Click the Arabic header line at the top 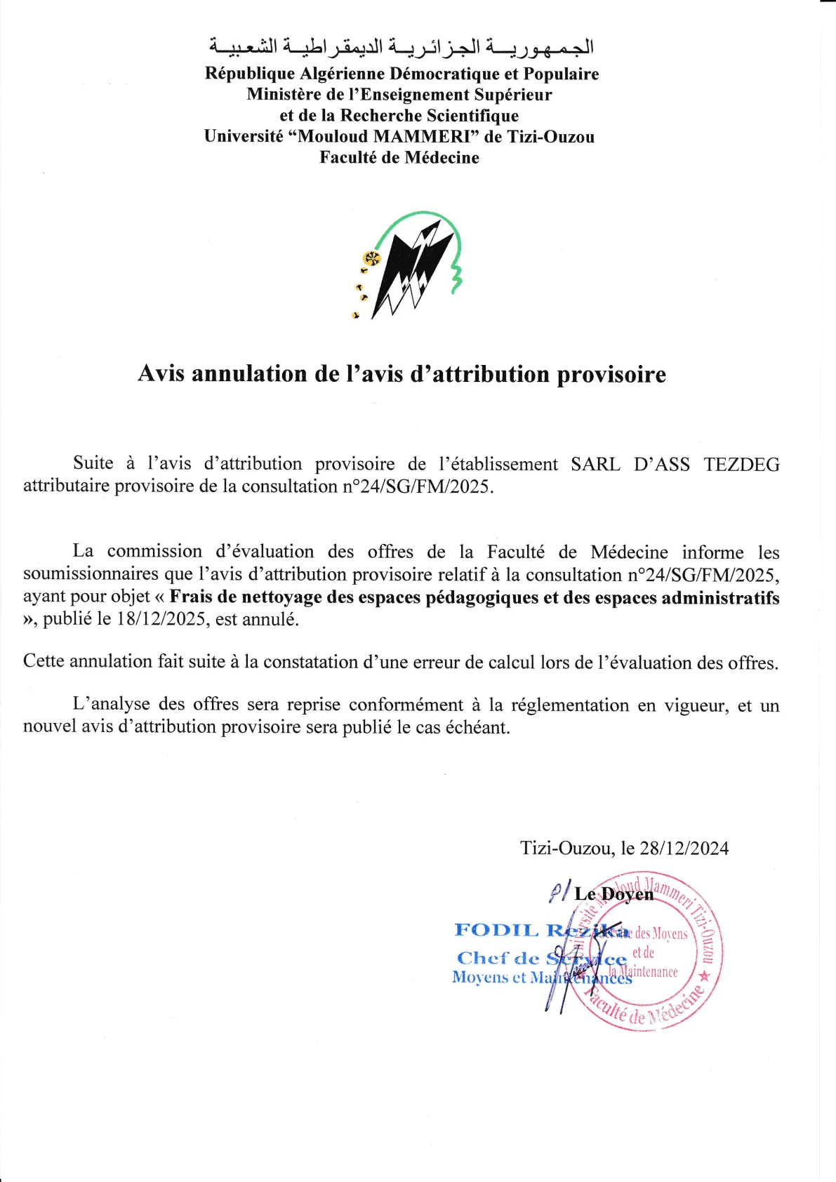[402, 47]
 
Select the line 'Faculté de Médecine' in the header [399, 157]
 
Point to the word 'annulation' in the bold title [250, 373]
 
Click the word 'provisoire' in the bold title [611, 374]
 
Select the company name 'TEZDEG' [742, 464]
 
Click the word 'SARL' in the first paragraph [595, 464]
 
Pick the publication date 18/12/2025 [161, 619]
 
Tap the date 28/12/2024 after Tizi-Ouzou [684, 848]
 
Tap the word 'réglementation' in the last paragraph [569, 705]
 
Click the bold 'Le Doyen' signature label [613, 894]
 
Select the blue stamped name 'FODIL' [496, 930]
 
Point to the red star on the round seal [705, 976]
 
